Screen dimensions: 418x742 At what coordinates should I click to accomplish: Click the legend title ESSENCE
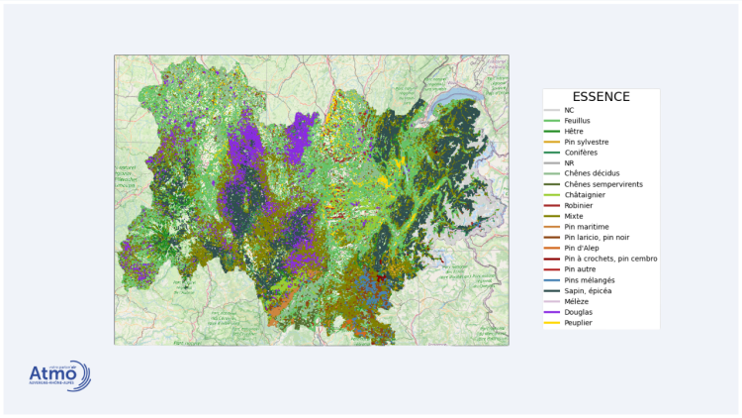pos(601,97)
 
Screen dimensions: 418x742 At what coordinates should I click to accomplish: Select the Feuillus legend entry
pos(577,121)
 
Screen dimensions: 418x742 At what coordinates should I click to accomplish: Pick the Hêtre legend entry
pos(573,132)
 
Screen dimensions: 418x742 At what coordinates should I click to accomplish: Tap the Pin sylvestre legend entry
pos(586,142)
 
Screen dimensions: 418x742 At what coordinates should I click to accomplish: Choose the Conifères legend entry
pos(580,153)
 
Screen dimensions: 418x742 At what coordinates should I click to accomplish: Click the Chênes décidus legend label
pos(592,173)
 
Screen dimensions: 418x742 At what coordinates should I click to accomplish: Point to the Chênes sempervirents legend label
pos(603,184)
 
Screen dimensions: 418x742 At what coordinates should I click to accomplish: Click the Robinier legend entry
pos(578,205)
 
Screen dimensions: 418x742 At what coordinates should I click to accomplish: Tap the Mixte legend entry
pos(574,216)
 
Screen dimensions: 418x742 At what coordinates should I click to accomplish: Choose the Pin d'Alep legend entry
pos(581,248)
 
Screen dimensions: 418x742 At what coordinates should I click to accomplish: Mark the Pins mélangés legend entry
pos(589,280)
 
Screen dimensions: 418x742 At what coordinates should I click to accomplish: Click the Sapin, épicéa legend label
pos(588,291)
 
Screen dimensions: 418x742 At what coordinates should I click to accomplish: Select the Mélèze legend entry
pos(575,301)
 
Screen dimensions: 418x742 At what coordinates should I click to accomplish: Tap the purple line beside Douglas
pos(552,312)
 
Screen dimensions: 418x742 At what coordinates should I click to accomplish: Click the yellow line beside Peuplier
pos(552,323)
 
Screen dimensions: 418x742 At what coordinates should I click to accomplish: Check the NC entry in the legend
pos(569,110)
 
